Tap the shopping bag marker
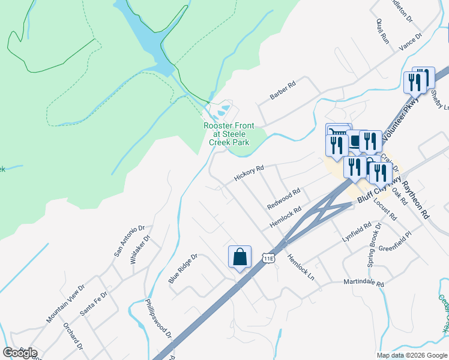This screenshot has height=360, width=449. tap(240, 257)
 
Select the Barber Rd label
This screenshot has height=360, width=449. tap(283, 91)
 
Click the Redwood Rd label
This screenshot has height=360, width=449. tap(283, 197)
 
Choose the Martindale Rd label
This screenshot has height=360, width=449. tap(363, 282)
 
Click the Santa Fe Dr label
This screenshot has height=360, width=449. tap(93, 304)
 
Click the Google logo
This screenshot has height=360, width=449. tap(20, 353)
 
